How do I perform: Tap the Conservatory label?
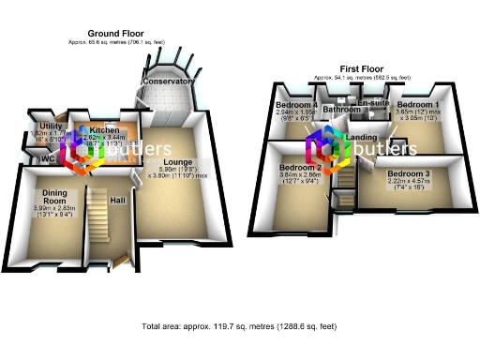[169, 82]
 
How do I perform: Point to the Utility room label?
[50, 125]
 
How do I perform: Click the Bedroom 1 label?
[417, 104]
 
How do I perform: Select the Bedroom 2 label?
[299, 167]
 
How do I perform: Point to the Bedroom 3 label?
[409, 174]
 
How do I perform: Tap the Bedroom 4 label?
[296, 104]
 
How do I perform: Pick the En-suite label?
[374, 103]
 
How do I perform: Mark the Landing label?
[361, 138]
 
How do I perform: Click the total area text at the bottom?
[239, 327]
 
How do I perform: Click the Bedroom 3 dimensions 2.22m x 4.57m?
[409, 187]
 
